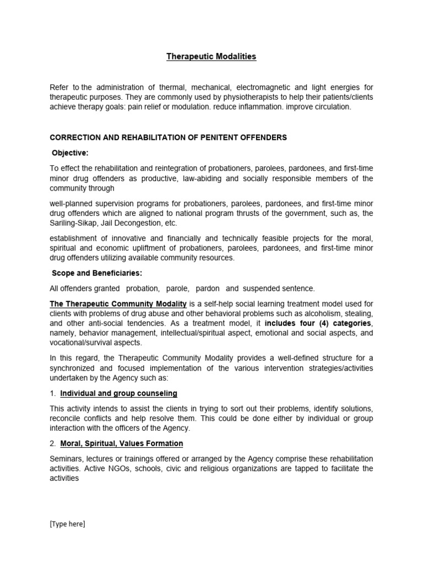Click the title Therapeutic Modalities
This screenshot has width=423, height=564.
click(x=211, y=57)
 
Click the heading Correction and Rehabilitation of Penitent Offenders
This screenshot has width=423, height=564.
click(x=169, y=138)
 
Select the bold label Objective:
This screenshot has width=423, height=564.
click(x=70, y=153)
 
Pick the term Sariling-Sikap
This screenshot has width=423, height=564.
click(x=75, y=224)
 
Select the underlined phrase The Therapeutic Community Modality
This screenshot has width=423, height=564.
click(x=118, y=303)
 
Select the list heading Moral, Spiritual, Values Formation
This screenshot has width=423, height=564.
click(x=122, y=443)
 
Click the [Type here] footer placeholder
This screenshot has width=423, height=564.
click(x=68, y=524)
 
